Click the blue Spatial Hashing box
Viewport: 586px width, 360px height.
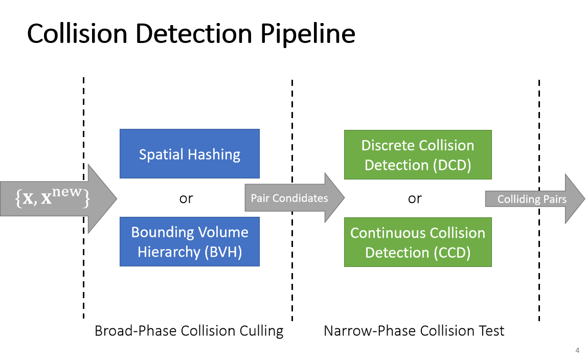[x=189, y=153]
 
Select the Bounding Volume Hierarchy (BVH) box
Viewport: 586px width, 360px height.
[x=189, y=241]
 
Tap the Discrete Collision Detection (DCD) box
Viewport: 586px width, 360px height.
[x=418, y=154]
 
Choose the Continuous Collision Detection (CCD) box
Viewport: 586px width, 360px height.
[x=418, y=242]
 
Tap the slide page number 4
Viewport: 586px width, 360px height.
[x=577, y=350]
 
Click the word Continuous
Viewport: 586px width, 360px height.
[x=386, y=233]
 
